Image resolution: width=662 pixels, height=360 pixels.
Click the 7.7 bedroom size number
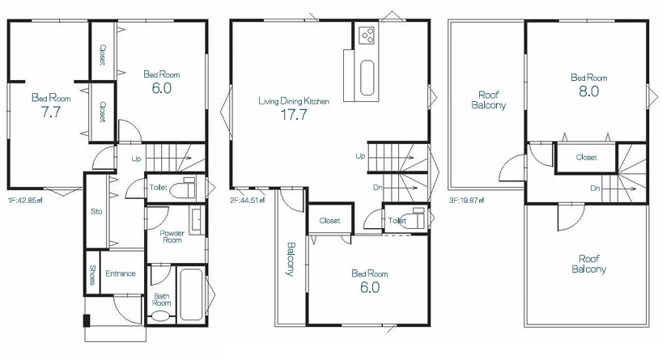51,112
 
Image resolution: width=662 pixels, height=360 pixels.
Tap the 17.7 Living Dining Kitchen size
294,115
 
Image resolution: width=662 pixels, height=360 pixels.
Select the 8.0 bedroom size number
589,91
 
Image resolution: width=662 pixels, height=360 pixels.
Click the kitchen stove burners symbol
367,35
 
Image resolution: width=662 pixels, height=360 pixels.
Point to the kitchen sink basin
367,78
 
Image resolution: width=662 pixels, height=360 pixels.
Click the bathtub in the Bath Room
190,294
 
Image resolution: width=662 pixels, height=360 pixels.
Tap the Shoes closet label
92,275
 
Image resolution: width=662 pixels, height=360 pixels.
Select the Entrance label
121,273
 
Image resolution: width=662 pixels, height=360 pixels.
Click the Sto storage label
96,211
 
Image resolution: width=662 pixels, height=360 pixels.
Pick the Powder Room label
172,236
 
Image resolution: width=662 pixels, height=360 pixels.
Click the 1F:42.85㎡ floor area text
25,201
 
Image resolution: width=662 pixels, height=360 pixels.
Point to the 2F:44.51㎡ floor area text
248,201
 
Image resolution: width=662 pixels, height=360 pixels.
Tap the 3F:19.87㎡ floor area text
466,201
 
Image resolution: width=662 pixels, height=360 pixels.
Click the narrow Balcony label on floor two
291,259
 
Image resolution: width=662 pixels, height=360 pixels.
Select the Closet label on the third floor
587,158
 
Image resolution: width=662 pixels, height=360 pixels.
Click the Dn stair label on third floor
595,188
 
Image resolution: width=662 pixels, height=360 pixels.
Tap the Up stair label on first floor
136,159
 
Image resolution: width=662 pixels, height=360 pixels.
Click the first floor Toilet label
159,188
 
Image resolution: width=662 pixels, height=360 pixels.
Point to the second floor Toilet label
397,220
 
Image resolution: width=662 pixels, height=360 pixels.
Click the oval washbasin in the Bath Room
160,316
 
